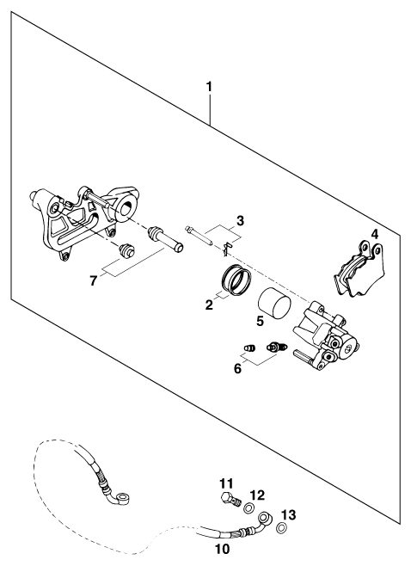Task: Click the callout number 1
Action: (x=209, y=87)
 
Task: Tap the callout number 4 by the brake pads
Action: (x=375, y=234)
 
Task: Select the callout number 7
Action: (x=94, y=280)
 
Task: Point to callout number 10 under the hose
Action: (x=223, y=549)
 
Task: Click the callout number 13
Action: (x=289, y=514)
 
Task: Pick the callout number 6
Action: (x=237, y=368)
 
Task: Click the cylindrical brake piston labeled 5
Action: (x=274, y=303)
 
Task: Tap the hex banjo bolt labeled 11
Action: (x=230, y=499)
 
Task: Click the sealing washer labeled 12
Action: (x=248, y=508)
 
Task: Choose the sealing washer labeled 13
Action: (x=281, y=528)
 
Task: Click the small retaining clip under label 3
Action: (x=225, y=249)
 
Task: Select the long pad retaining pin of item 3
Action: (x=199, y=236)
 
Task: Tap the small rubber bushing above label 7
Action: (x=126, y=250)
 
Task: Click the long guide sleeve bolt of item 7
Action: (x=166, y=239)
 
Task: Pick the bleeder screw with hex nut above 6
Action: (x=276, y=348)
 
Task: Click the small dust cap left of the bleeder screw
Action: (x=249, y=348)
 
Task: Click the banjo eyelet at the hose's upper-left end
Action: (x=124, y=499)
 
